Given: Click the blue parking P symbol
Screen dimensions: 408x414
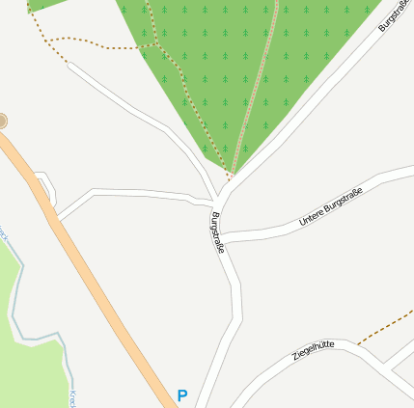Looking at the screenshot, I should pos(181,395).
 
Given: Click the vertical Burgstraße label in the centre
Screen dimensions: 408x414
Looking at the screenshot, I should pos(217,232).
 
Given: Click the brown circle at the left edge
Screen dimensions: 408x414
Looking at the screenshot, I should pos(2,121).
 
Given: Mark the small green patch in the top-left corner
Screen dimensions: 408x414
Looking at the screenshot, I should pos(43,4).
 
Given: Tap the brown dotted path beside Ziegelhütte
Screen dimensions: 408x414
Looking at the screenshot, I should pos(386,326).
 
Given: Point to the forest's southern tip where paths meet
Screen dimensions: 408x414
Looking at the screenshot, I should pos(230,178).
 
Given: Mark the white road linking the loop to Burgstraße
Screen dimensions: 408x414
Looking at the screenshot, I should pos(135,194).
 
